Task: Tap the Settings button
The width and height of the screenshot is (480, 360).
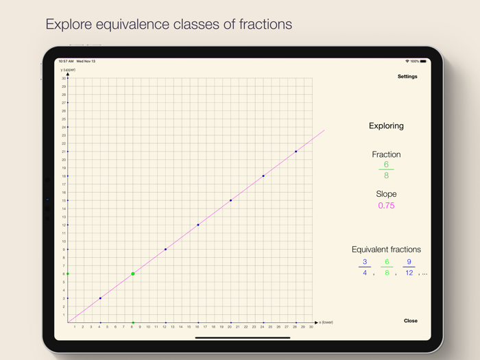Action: click(407, 77)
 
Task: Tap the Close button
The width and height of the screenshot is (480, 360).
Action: click(410, 321)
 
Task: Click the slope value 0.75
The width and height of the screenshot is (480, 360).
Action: click(386, 206)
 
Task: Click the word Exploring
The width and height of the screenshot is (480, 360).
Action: click(386, 126)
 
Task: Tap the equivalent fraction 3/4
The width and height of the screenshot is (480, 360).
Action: click(365, 267)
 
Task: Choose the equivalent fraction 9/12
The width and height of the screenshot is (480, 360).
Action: click(409, 267)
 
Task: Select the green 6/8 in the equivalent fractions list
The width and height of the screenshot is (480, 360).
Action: click(387, 267)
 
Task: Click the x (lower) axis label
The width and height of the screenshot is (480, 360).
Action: click(326, 322)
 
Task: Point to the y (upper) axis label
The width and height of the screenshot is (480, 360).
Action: click(68, 70)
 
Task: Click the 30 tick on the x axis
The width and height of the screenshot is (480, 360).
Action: click(311, 327)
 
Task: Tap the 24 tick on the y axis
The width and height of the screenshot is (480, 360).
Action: click(64, 128)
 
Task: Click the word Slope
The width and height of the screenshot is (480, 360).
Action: click(386, 194)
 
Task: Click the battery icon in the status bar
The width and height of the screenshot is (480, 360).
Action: click(423, 61)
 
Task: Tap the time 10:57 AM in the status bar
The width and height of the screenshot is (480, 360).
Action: click(66, 61)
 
